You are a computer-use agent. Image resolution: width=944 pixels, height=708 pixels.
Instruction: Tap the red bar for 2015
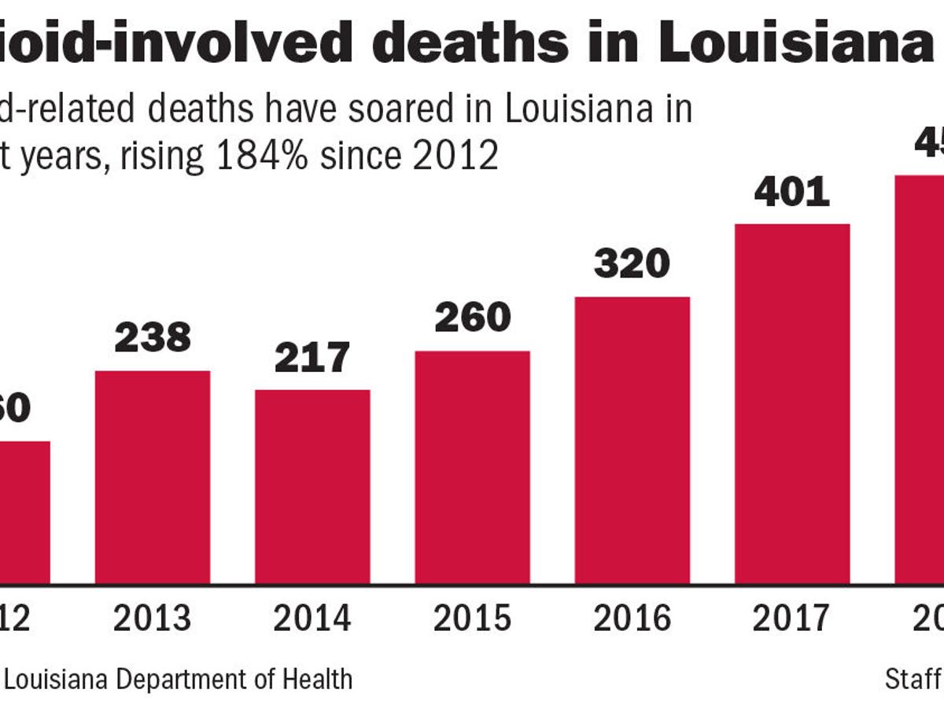[x=472, y=467]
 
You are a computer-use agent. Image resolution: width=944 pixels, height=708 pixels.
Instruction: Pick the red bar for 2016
[x=632, y=441]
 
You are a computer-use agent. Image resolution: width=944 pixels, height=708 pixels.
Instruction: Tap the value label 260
[x=472, y=317]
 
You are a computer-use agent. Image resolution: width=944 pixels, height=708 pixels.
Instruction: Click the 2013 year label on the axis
[x=153, y=619]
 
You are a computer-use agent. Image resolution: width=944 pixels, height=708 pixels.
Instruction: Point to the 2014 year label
[x=312, y=619]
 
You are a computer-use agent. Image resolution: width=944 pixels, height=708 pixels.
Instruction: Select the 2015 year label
[x=472, y=619]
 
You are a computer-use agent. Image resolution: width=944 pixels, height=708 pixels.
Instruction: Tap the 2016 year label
[x=632, y=619]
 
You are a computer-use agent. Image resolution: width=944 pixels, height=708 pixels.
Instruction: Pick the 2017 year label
[x=792, y=619]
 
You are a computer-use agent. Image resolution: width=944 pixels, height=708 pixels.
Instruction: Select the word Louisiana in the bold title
[x=795, y=44]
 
